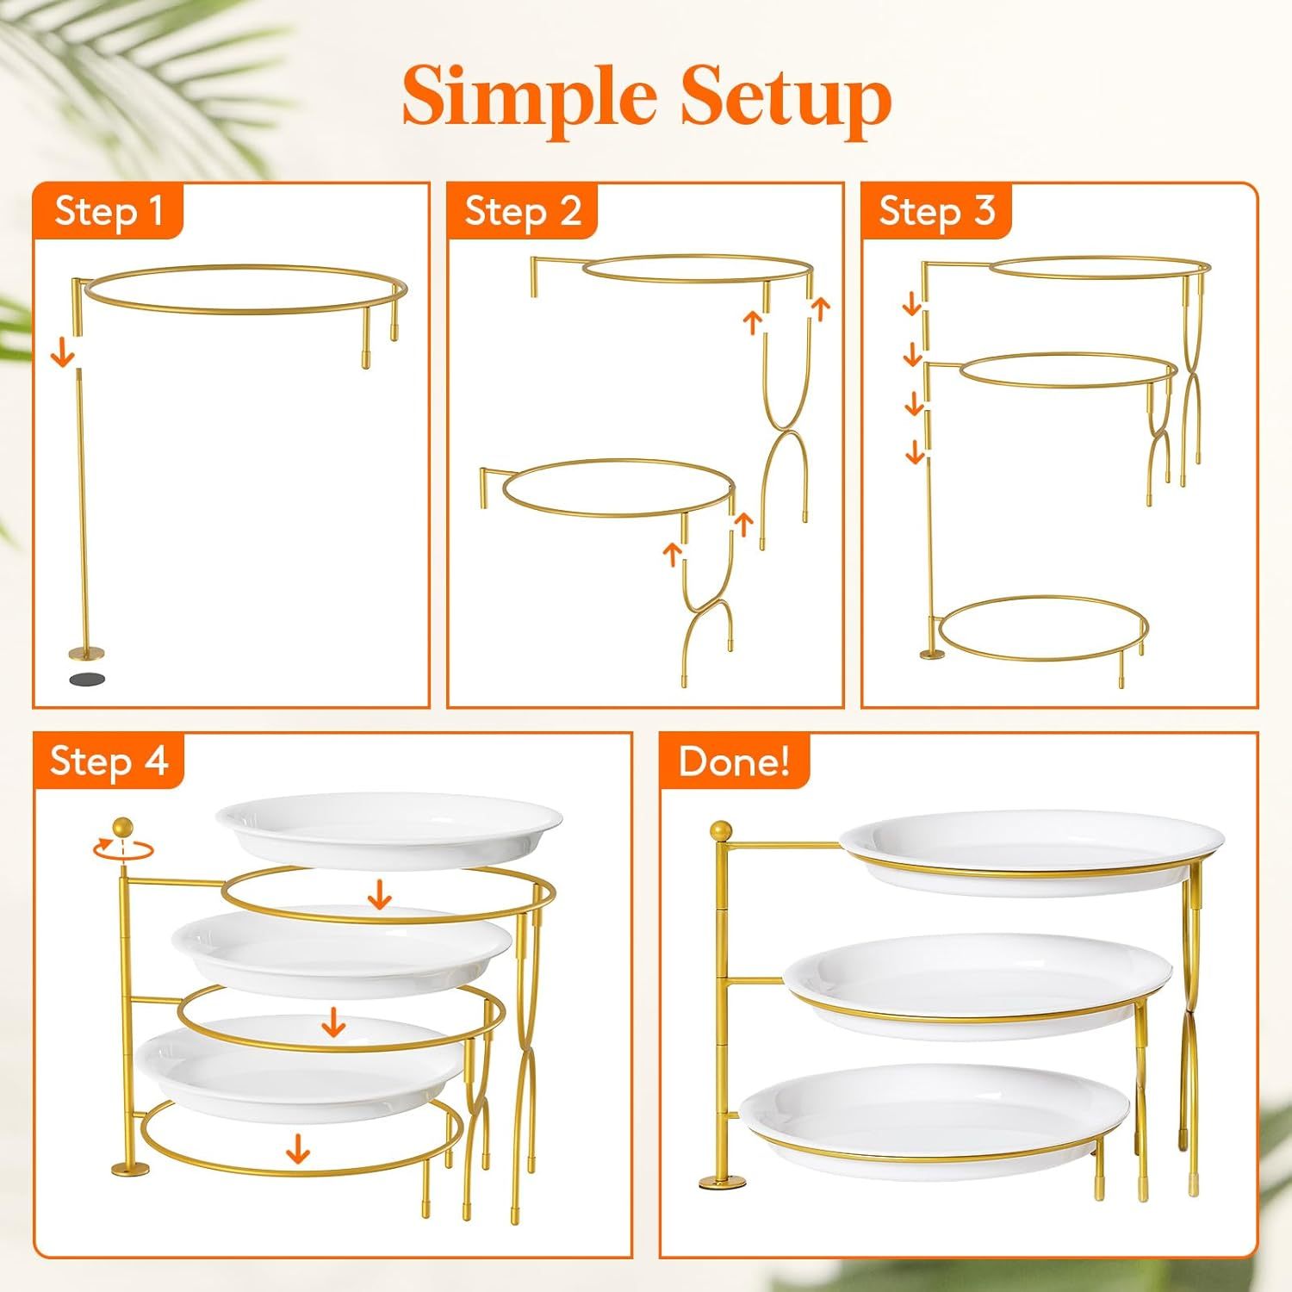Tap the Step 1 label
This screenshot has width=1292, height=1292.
pos(109,210)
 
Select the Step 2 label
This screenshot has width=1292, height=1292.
pos(523,210)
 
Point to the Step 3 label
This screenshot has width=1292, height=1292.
pos(936,210)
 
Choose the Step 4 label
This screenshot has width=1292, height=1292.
pos(109,761)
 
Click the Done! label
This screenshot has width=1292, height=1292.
pos(734,761)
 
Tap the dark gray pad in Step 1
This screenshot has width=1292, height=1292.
pos(85,679)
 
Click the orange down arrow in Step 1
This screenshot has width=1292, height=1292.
pos(62,353)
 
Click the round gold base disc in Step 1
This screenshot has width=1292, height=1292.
pos(85,652)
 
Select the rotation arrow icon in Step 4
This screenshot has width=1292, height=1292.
pos(123,848)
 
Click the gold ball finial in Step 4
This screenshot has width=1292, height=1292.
pos(124,826)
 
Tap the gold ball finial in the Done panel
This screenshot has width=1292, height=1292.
pos(721,832)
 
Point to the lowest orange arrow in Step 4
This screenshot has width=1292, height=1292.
pos(298,1148)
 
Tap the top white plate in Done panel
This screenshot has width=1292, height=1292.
pos(1031,849)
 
